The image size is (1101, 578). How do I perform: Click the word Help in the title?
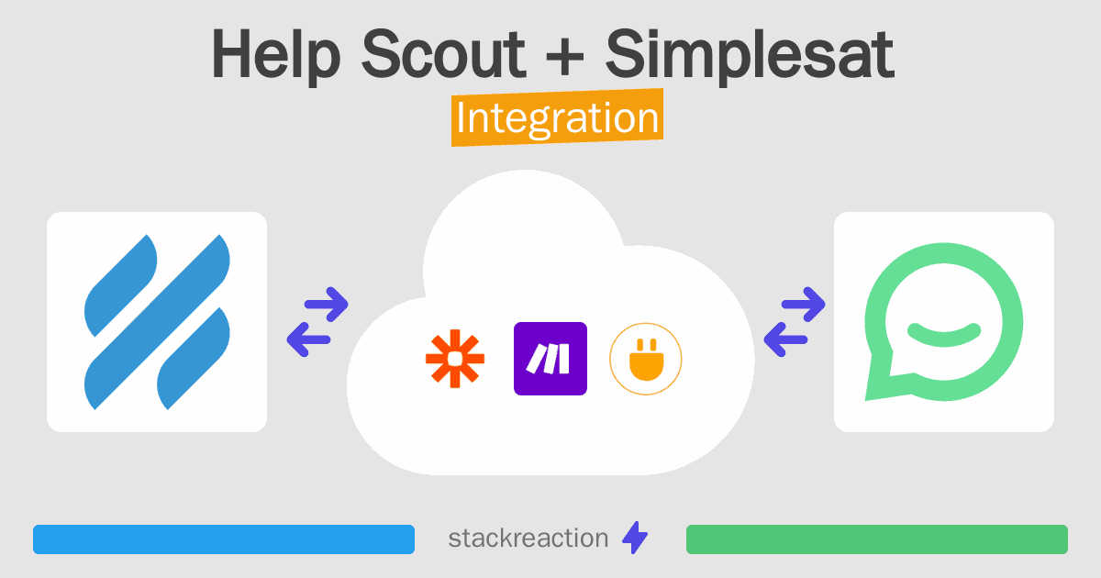(x=276, y=56)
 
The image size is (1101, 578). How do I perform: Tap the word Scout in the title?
(x=443, y=54)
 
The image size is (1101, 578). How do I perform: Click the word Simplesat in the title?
(x=750, y=56)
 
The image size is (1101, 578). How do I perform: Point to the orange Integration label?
(x=558, y=117)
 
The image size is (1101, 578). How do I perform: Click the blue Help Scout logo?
(x=157, y=322)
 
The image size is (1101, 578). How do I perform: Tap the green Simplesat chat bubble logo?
(x=944, y=322)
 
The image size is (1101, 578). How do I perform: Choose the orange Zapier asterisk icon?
(x=455, y=359)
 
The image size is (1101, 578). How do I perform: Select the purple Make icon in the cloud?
(x=550, y=359)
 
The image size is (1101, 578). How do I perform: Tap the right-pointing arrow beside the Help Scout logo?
(x=327, y=305)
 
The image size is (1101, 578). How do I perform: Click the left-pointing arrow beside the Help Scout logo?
(x=308, y=339)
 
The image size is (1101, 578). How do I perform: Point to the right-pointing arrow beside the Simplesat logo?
(x=803, y=305)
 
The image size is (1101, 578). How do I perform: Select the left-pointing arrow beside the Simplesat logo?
(x=785, y=339)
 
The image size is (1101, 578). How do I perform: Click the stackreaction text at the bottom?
(x=528, y=539)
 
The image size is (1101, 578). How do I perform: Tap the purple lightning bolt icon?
(x=635, y=538)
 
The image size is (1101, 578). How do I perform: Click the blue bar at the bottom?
(x=224, y=539)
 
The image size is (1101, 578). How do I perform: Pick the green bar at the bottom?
(x=877, y=539)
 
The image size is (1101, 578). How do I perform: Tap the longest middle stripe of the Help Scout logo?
(x=157, y=322)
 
